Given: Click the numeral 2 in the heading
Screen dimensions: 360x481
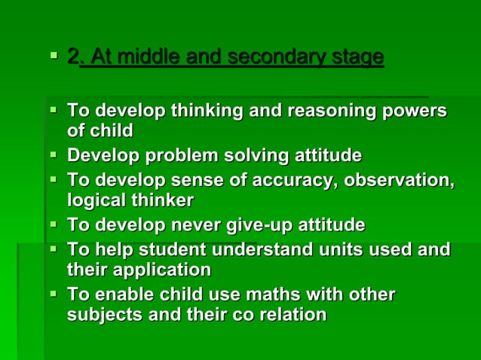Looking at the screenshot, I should coord(72,56).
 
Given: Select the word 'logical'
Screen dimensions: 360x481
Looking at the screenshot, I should coord(95,200).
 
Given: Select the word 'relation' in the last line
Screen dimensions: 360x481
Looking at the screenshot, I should coord(292,314).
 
